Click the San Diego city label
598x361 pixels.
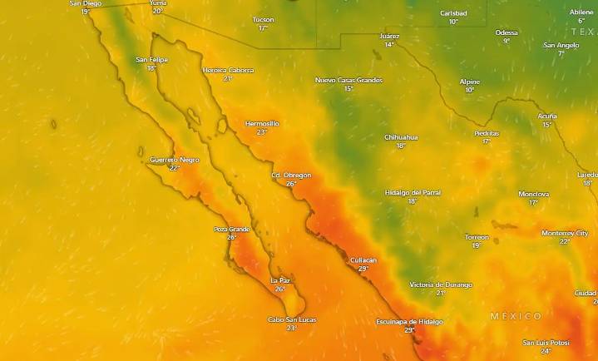click(86, 3)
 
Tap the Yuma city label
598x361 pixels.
click(157, 3)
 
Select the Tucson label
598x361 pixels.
click(263, 19)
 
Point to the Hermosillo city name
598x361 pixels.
click(262, 123)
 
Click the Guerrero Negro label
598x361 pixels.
click(174, 159)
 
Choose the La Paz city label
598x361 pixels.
click(280, 280)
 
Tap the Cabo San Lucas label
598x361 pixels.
click(291, 319)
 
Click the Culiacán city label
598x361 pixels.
click(363, 260)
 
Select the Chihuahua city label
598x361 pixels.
click(401, 136)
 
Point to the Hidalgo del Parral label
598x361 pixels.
click(413, 192)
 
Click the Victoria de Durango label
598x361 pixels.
click(441, 284)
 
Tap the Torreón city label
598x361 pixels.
click(477, 237)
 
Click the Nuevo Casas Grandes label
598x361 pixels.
click(348, 80)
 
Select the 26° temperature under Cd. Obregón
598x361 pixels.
click(291, 184)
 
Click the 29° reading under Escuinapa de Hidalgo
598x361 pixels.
click(409, 330)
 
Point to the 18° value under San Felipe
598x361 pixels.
click(151, 68)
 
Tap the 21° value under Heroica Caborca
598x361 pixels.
click(228, 78)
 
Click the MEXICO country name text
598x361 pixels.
click(516, 316)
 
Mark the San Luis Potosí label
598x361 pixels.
click(546, 342)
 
